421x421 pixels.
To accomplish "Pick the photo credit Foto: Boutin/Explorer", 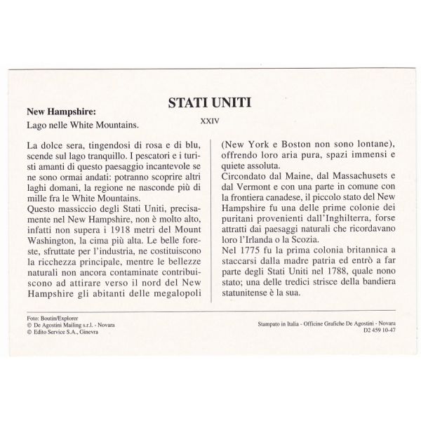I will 51,318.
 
